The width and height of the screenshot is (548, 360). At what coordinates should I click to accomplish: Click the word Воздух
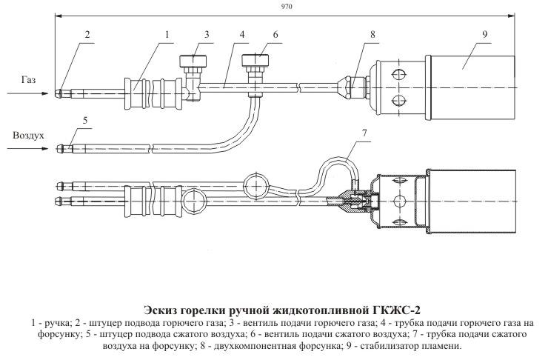[x=30, y=136]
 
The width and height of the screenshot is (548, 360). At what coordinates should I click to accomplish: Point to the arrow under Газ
[x=30, y=93]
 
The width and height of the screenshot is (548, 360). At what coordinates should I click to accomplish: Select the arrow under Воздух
[x=30, y=149]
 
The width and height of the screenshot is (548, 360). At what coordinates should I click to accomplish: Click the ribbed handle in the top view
[x=151, y=92]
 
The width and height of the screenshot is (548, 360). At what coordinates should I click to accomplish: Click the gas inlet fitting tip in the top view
[x=60, y=93]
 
